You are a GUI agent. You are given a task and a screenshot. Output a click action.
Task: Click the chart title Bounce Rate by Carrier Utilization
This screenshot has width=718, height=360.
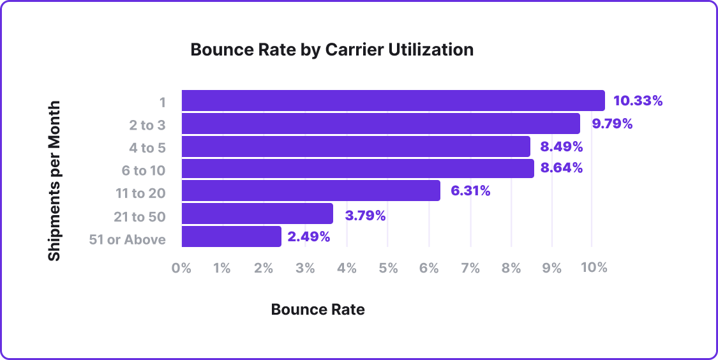click(x=332, y=50)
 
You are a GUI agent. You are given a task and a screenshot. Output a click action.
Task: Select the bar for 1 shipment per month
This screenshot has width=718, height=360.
click(x=393, y=101)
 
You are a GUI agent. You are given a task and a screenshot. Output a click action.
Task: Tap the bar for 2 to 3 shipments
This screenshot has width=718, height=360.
click(x=381, y=124)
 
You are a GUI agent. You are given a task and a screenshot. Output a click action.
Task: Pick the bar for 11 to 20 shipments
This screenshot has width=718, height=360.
click(x=311, y=191)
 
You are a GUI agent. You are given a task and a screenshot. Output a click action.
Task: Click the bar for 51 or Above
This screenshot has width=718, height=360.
click(x=232, y=237)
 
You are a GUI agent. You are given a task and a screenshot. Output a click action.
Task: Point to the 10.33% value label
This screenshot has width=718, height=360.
click(x=638, y=101)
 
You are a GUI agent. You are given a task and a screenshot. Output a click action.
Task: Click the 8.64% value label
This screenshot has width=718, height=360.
click(x=562, y=169)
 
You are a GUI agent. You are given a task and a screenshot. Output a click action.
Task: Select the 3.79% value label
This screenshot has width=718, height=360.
click(x=366, y=216)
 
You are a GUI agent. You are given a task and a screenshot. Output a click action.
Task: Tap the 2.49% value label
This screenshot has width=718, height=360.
click(x=309, y=237)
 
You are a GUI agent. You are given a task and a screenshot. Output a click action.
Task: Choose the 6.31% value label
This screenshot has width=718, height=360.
click(x=470, y=190)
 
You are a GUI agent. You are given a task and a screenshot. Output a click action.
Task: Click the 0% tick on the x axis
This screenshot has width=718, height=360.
click(x=181, y=268)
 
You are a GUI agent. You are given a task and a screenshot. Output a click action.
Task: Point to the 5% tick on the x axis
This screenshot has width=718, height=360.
click(x=388, y=268)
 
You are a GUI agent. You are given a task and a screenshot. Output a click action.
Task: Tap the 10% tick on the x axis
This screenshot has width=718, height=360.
click(x=594, y=268)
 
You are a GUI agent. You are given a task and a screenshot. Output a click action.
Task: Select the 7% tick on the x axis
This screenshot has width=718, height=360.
click(x=470, y=268)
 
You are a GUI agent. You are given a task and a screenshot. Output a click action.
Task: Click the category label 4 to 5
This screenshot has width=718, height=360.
click(x=147, y=148)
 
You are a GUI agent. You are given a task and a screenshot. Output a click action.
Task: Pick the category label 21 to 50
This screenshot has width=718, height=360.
click(x=139, y=217)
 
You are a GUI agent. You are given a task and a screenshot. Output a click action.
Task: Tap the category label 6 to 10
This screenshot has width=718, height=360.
click(x=144, y=171)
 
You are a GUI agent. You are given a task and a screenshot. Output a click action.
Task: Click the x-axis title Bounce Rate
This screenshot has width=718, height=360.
click(x=318, y=310)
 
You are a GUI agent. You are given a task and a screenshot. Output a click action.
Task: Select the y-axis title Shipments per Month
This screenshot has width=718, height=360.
click(x=55, y=181)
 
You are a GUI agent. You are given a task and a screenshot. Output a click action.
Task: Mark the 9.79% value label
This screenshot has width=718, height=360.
click(x=613, y=124)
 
